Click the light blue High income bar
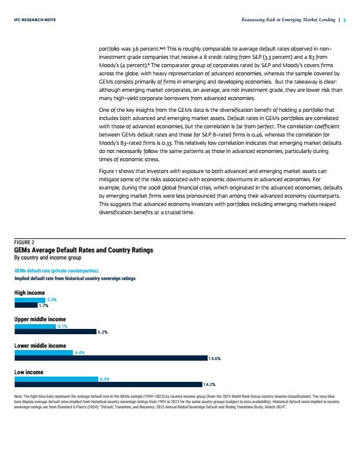click(29, 300)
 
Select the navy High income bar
click(26, 305)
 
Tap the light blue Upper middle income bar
click(35, 327)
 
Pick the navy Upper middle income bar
click(55, 332)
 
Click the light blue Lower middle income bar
click(44, 353)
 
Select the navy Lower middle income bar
click(111, 358)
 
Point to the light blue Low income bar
click(56, 380)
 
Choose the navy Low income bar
click(108, 385)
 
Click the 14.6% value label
click(215, 359)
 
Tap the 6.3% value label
click(105, 380)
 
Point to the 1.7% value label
click(44, 305)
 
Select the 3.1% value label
click(62, 327)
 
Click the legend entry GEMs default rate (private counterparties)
click(56, 271)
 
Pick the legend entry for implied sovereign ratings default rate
click(75, 278)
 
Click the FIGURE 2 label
click(24, 242)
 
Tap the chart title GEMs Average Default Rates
click(84, 250)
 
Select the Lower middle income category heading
click(40, 345)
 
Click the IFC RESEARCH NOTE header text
click(35, 19)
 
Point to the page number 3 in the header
click(345, 20)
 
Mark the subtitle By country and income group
click(48, 258)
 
